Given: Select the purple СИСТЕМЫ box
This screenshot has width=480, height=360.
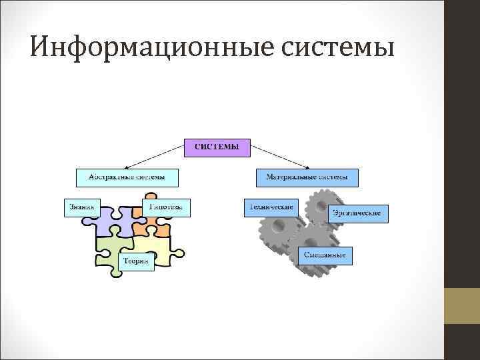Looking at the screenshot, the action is (x=217, y=147).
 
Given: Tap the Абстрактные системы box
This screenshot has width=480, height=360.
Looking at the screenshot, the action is (x=127, y=177).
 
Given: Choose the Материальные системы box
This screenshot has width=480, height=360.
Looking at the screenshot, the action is (x=307, y=177).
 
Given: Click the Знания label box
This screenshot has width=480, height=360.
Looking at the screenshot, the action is (x=81, y=207).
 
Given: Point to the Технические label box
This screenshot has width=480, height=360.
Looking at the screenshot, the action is (x=270, y=207).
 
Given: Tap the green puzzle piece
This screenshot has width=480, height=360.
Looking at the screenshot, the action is (x=107, y=250).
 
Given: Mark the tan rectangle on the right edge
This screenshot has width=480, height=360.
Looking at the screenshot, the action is (x=462, y=306).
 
